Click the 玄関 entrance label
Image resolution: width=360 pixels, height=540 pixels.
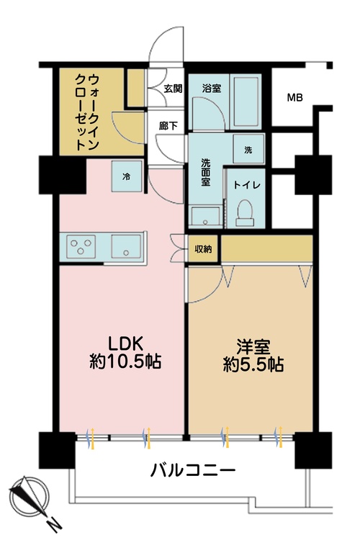coord(173,89)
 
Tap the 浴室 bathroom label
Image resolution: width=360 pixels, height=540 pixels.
coord(210,89)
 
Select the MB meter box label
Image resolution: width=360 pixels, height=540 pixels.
coord(295,97)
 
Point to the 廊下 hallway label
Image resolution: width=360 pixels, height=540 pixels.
coord(168,124)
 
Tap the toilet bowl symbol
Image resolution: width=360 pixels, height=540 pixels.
coord(246,210)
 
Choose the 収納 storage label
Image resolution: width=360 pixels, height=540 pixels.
coord(203,249)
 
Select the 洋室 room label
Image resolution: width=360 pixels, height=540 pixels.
coord(251,343)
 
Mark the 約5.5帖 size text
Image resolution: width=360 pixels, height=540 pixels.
coord(251,364)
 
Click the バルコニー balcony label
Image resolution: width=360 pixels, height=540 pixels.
coord(192,472)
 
